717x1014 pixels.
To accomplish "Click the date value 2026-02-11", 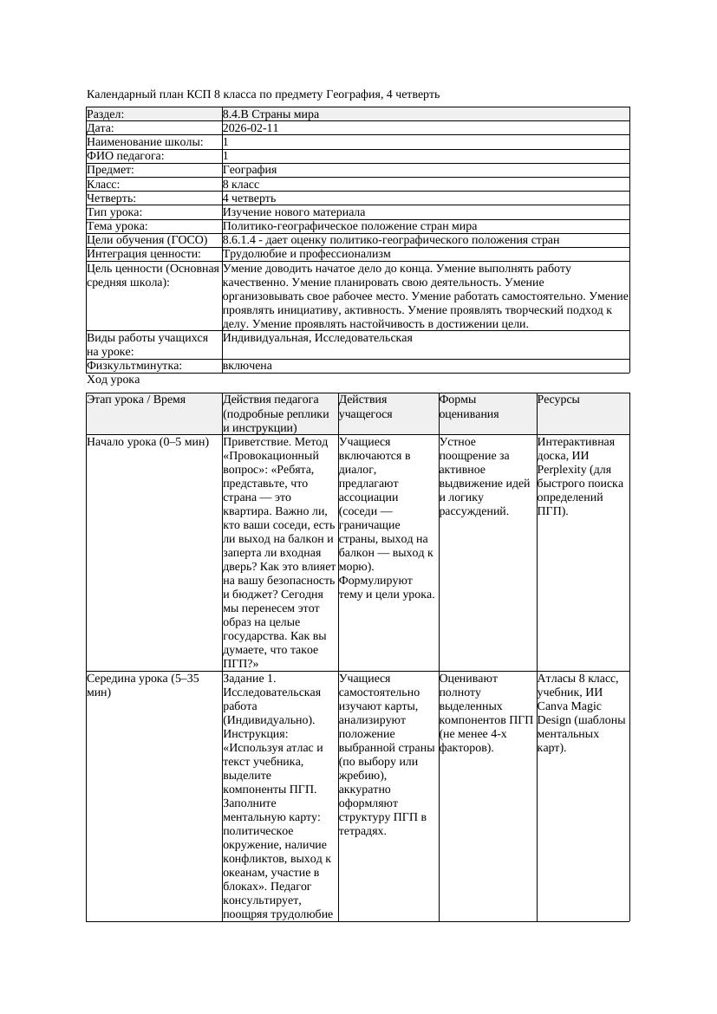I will click(251, 127).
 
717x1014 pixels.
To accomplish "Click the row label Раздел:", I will click(106, 114).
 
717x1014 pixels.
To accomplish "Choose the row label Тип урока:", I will click(114, 211).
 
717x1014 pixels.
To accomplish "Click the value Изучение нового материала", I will click(294, 211).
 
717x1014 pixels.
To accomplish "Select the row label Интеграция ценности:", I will click(144, 254).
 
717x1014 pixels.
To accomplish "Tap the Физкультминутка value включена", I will click(247, 366).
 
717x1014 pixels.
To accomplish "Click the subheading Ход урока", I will click(114, 380).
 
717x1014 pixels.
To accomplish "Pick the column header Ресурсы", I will click(558, 400).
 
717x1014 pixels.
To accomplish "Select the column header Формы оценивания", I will click(469, 406).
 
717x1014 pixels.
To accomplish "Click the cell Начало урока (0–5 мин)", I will click(148, 442).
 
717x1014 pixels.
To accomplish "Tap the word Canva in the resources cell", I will click(554, 706).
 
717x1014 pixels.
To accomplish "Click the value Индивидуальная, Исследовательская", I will click(317, 338).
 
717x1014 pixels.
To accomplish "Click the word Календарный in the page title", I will click(121, 94).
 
